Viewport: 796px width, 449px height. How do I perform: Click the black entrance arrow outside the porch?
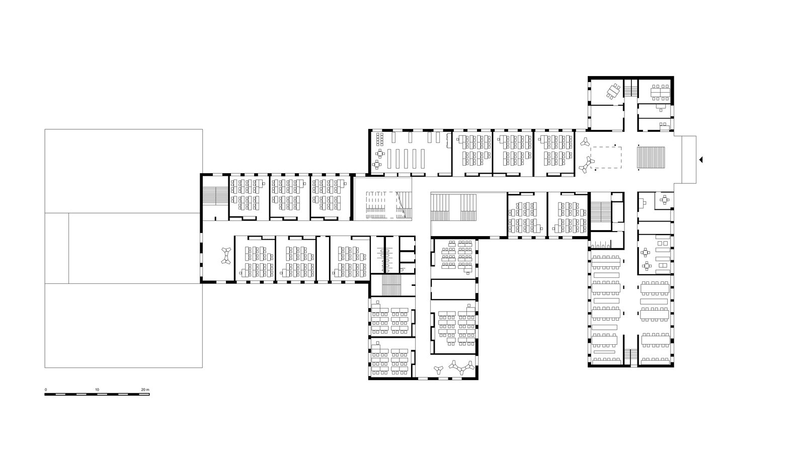[x=701, y=160]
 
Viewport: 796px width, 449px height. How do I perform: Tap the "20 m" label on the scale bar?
[x=145, y=390]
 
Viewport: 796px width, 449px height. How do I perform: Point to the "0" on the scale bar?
[x=46, y=390]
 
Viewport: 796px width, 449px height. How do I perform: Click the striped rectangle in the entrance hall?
[x=651, y=158]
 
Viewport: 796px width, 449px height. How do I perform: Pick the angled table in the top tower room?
[x=613, y=92]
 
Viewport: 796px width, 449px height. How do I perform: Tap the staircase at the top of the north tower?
[x=631, y=88]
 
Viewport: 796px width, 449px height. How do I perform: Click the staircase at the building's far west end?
[x=215, y=195]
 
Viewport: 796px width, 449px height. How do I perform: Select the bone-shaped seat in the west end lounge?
[x=225, y=256]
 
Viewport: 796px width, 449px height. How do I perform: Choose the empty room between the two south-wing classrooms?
[x=453, y=289]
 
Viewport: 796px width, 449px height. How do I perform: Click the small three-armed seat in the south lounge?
[x=439, y=369]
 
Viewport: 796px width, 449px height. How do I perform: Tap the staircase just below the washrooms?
[x=391, y=285]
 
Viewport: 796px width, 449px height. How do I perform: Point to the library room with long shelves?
[x=411, y=153]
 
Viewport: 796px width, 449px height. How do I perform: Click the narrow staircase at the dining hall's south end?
[x=631, y=357]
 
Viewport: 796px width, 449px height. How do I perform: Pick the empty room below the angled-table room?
[x=607, y=118]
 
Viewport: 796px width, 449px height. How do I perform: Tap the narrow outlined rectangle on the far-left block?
[x=57, y=248]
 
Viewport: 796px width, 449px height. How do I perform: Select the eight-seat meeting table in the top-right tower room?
[x=660, y=92]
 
